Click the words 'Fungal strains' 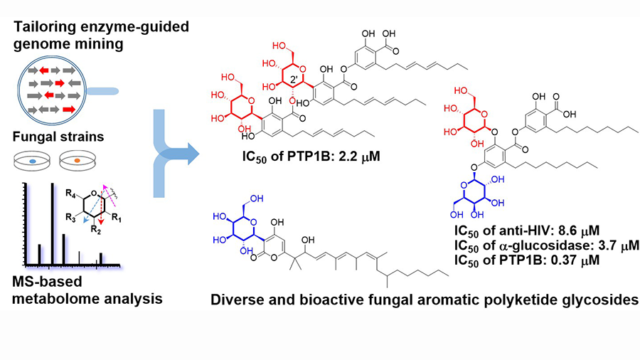tap(55, 136)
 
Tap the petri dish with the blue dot tap(32, 162)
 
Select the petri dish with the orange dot tap(77, 162)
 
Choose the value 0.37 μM tap(583, 260)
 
